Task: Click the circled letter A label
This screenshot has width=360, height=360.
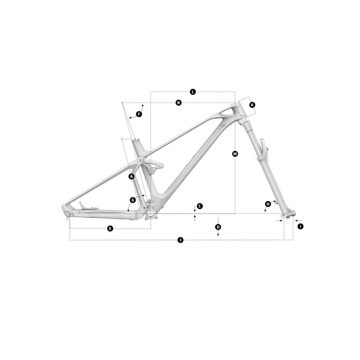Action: coord(131,176)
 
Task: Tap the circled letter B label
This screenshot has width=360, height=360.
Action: coord(179,103)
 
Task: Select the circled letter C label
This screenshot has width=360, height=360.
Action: coord(199,206)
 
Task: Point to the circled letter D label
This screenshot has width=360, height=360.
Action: coord(218,227)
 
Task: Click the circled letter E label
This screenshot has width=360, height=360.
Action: coord(110,229)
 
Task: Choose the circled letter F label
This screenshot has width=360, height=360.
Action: coord(139,114)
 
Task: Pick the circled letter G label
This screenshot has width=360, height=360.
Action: coord(133,200)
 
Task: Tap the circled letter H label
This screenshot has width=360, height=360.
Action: coord(268,204)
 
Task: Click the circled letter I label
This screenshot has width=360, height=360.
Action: coord(300,226)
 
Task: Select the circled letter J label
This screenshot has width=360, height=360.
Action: coord(180,240)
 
